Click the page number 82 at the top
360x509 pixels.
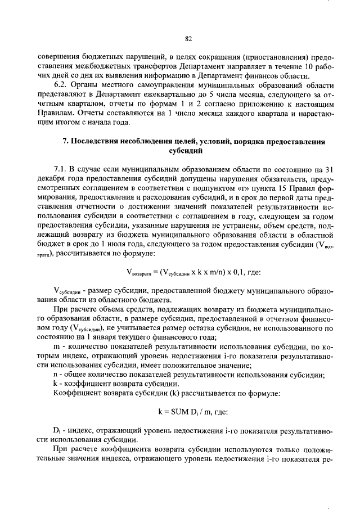point(188,39)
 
